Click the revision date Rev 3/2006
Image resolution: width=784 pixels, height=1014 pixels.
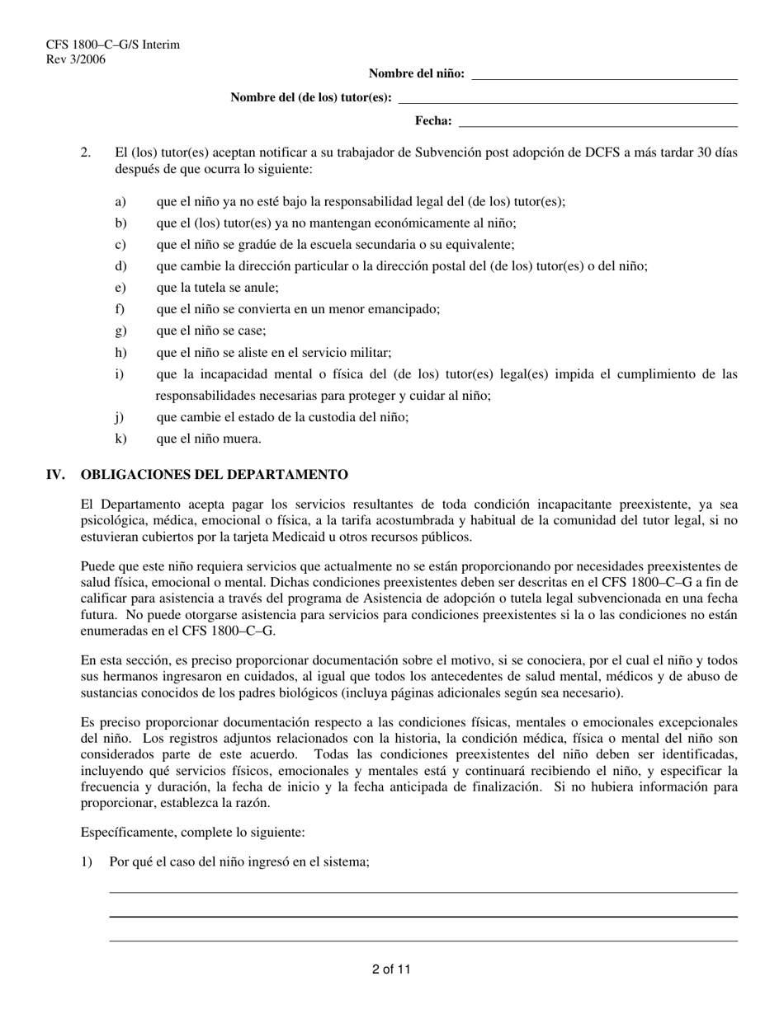click(x=76, y=59)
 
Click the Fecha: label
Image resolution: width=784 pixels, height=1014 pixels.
click(x=432, y=121)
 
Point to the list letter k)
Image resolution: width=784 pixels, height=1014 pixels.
click(x=120, y=439)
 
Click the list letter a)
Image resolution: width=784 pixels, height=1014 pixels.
click(x=120, y=201)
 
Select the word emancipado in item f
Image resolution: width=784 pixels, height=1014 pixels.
click(x=402, y=309)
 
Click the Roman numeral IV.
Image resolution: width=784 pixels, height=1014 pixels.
click(x=55, y=475)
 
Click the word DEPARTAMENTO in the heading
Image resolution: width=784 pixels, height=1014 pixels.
click(x=286, y=475)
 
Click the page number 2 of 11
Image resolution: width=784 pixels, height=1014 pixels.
click(x=391, y=969)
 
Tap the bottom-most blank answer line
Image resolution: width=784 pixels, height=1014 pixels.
click(x=423, y=941)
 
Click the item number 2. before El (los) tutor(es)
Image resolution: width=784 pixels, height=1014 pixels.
click(x=86, y=153)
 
